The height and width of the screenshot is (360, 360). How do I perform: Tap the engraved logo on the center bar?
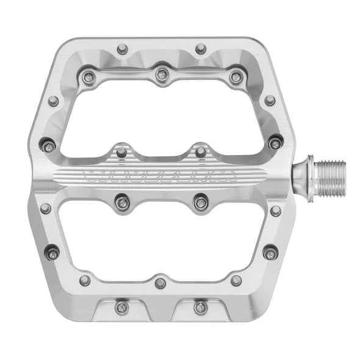point(162,178)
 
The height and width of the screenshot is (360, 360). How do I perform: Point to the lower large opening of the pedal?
point(162,241)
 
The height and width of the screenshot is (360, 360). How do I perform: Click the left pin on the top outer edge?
point(123,48)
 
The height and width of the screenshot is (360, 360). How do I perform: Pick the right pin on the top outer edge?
point(201,48)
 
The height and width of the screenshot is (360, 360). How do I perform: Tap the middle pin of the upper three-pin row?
point(161,75)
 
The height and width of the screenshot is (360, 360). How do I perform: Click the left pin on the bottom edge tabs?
point(123,307)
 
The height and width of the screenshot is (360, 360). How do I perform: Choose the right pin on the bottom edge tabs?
point(200,307)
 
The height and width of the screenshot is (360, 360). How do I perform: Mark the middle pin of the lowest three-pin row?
point(160,283)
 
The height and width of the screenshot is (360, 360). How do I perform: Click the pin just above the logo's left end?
point(121,151)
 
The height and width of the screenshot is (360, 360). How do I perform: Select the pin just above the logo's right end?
point(201,151)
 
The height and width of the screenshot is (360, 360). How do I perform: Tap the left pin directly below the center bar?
point(122,202)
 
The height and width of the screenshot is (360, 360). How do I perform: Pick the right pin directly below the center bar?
point(200,202)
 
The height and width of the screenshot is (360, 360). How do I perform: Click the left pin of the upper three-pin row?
point(89,76)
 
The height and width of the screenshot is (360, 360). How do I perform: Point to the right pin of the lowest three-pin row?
point(236,280)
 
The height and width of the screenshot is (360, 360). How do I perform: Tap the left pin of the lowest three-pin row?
point(85,280)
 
